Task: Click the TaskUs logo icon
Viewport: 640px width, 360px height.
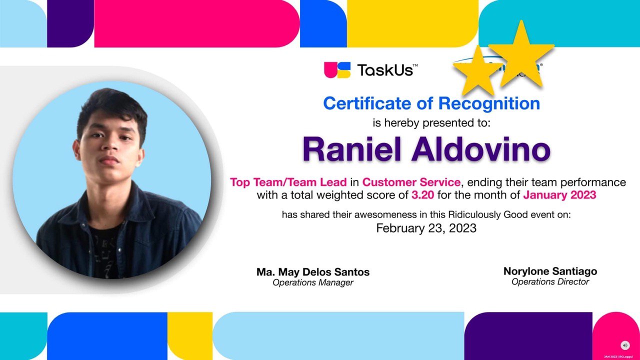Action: pos(337,70)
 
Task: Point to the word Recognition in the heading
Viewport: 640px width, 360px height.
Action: pos(489,103)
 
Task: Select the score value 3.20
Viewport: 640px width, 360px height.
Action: pos(423,195)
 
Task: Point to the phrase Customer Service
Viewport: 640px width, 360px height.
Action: pos(411,182)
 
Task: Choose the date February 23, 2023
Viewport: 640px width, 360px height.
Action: pos(426,228)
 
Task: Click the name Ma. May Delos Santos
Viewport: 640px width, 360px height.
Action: pos(313,272)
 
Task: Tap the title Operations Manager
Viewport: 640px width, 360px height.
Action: pos(313,283)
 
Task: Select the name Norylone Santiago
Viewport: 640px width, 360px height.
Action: pos(550,271)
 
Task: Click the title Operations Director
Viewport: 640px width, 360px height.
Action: pos(550,282)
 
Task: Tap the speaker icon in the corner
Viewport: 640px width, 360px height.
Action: pos(624,345)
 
